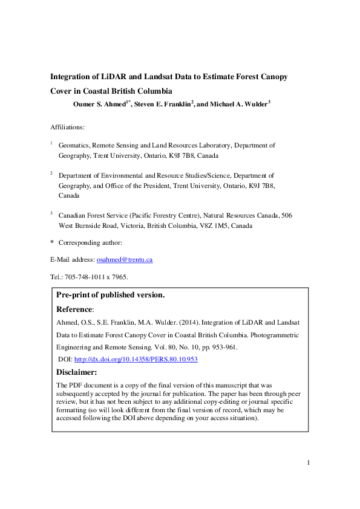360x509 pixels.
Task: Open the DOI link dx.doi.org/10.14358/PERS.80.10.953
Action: (x=136, y=360)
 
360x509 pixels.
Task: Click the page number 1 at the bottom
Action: (x=309, y=464)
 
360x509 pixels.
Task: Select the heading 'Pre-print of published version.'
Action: (x=110, y=295)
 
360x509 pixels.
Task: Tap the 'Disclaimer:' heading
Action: (x=76, y=372)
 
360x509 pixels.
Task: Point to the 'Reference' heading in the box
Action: (x=74, y=309)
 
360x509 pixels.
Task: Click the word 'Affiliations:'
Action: (x=68, y=127)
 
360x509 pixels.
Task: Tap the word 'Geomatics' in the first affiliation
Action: (x=74, y=145)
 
